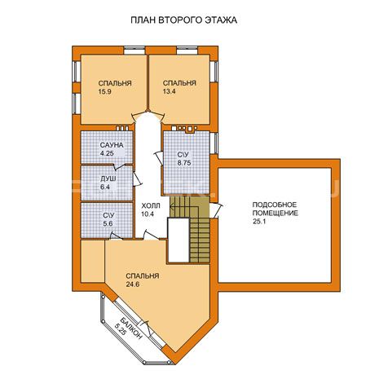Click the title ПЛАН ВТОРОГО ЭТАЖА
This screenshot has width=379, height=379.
tap(183, 20)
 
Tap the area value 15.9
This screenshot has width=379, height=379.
tap(104, 91)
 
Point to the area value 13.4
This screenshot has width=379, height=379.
tap(169, 91)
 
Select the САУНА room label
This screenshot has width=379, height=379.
tap(112, 145)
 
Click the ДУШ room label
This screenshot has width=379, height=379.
tap(108, 179)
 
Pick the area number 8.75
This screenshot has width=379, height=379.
tap(184, 163)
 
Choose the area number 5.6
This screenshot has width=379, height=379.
tap(108, 223)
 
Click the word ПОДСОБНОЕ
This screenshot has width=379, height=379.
tap(275, 205)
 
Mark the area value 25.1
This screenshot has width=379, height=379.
tap(259, 222)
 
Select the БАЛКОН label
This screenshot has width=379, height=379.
tap(131, 328)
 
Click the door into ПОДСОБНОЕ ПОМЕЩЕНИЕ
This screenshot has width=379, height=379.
tap(216, 210)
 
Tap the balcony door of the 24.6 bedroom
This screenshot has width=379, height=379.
tap(147, 328)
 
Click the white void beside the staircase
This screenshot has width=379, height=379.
tap(178, 240)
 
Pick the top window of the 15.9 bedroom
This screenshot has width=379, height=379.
tap(134, 51)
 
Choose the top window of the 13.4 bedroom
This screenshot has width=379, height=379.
tap(187, 51)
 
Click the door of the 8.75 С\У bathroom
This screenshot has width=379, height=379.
tap(159, 157)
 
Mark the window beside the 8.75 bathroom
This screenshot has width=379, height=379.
tap(214, 143)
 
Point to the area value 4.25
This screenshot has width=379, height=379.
tap(107, 153)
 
